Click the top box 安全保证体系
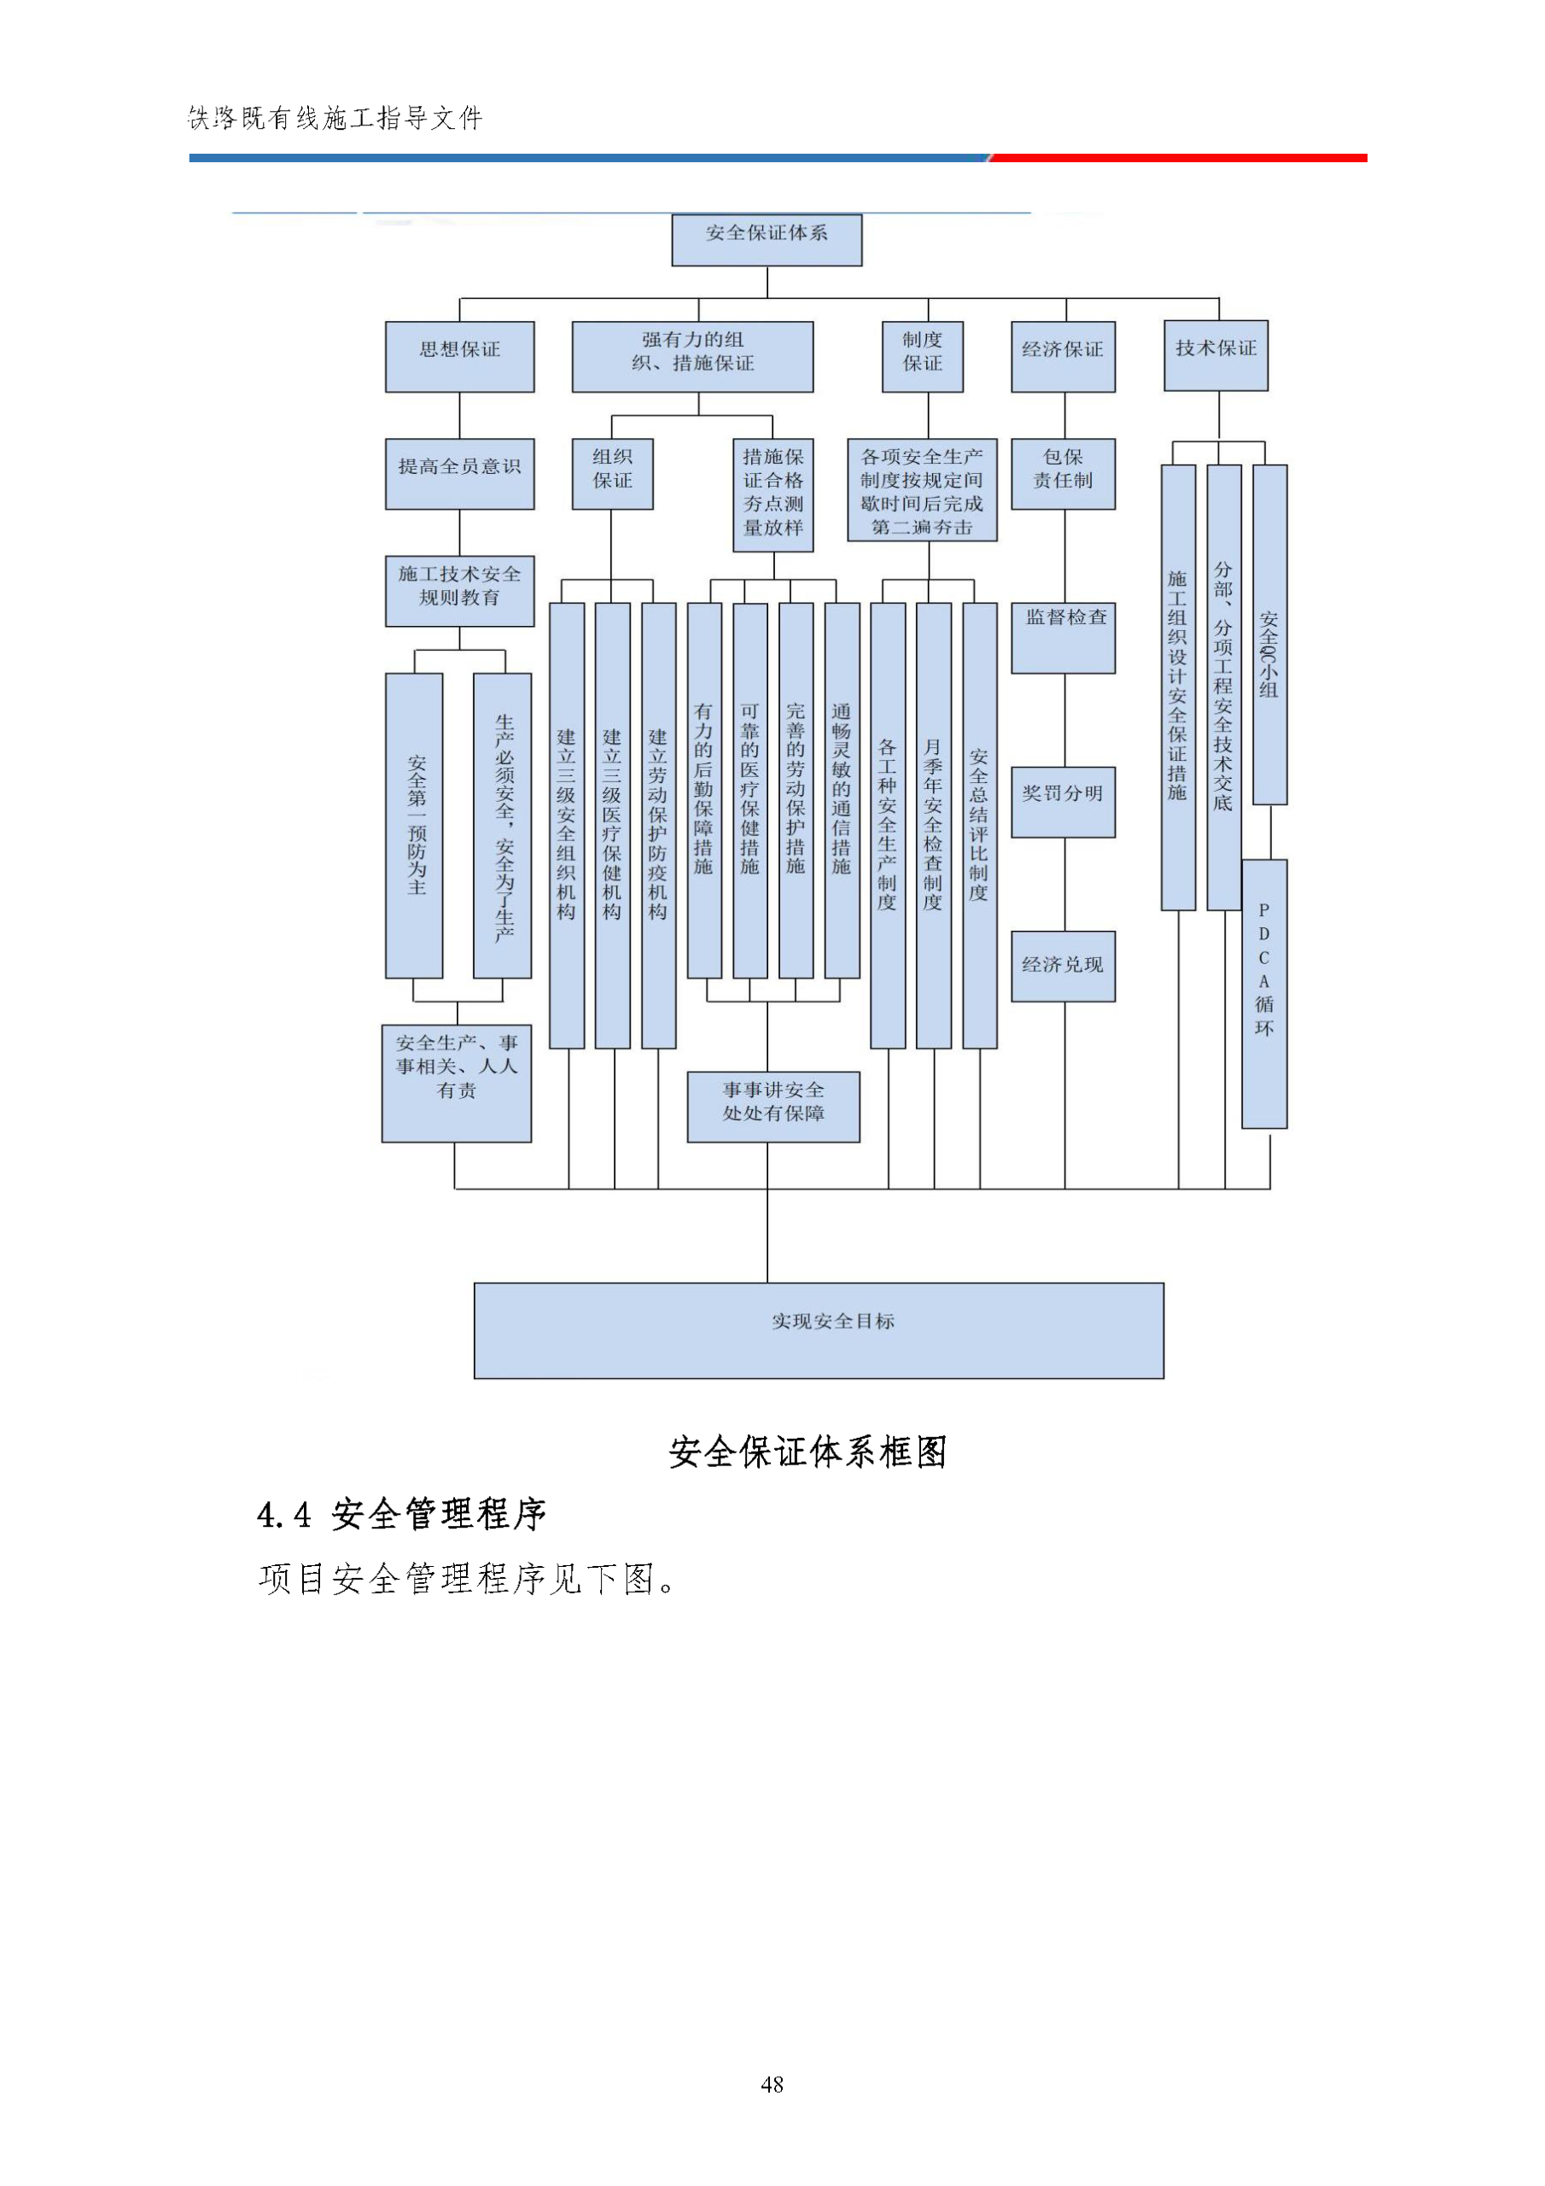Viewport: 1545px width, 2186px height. coord(767,239)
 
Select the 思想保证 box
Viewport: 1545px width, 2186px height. coord(459,356)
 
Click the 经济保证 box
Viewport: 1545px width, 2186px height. coord(1063,356)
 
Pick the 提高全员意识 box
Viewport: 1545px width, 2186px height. coord(459,473)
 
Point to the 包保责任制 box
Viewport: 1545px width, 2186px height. coord(1063,473)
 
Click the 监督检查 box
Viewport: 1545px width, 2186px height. coord(1063,637)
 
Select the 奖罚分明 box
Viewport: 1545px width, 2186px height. coord(1063,801)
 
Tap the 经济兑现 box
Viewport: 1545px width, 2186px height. coord(1063,966)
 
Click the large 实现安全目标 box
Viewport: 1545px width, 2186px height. coord(819,1330)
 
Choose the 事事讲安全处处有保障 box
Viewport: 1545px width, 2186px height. coord(773,1107)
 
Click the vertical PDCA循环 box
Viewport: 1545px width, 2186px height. coord(1264,993)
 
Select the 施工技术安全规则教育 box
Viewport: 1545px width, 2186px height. coord(459,590)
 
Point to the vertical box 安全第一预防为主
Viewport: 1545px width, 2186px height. coord(414,826)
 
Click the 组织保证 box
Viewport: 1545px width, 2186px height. coord(612,473)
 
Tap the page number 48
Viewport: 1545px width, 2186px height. coord(772,2084)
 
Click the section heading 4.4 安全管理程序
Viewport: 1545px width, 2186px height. coord(402,1514)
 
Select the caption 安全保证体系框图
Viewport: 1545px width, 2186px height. coord(807,1452)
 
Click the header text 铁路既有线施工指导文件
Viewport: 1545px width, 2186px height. coord(336,118)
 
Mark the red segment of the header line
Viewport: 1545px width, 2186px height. coord(1179,158)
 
